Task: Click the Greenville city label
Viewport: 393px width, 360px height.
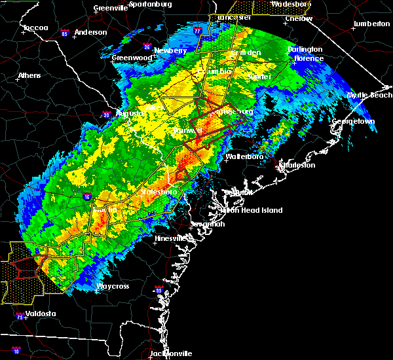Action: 110,8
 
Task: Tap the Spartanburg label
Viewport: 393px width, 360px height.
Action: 150,4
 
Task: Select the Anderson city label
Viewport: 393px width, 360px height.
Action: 91,32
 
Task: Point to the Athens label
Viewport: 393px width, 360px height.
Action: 29,75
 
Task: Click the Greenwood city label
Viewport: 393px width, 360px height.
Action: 132,58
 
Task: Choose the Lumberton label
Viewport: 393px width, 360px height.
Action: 371,24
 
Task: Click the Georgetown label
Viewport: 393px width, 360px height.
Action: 353,122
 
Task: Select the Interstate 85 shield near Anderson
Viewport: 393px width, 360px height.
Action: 64,32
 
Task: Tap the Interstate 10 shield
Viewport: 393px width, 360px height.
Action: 15,351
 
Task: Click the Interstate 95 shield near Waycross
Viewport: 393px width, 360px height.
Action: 158,290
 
